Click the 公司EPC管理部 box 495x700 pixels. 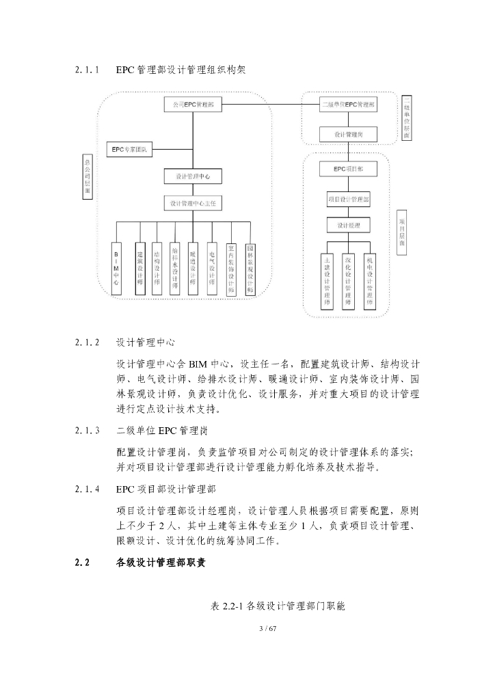(193, 105)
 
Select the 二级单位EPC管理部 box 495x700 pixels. (349, 105)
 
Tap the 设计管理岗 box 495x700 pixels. (349, 135)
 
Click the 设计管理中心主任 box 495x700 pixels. (193, 203)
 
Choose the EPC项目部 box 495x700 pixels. (349, 168)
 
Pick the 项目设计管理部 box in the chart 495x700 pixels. (349, 200)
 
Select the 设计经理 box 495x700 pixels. (349, 225)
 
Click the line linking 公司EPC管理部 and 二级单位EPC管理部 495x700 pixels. (270, 105)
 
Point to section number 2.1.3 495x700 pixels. (88, 431)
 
